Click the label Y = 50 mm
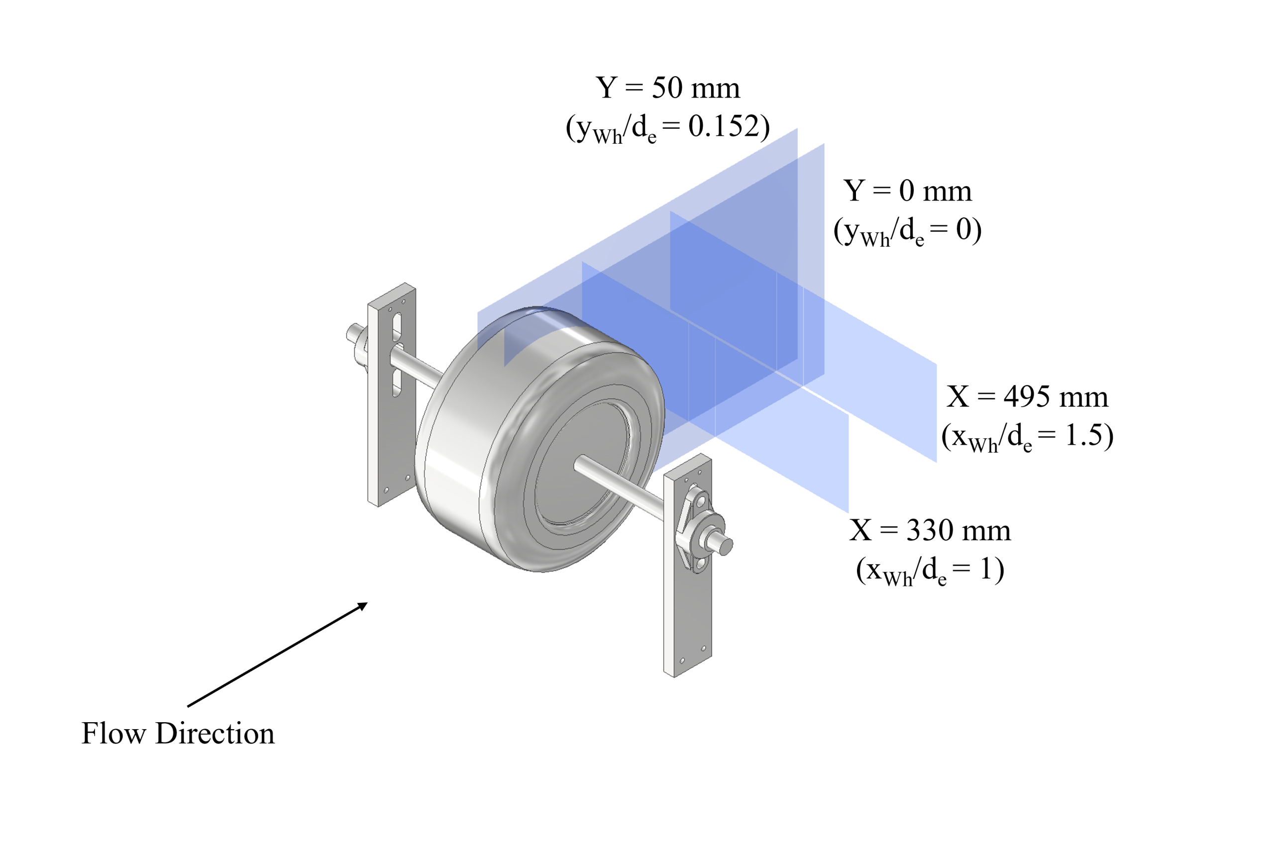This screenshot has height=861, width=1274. coord(667,88)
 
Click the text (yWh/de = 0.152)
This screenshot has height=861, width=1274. coord(667,128)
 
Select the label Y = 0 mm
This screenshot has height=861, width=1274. coord(907,191)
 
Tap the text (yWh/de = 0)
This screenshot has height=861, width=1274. coord(907,231)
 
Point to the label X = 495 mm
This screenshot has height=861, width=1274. coord(1027,397)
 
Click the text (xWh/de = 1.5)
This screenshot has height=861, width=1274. coord(1027,437)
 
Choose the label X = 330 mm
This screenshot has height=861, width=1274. coord(930,531)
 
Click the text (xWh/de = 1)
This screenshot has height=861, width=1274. coord(930,571)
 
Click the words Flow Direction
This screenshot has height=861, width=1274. coord(178,733)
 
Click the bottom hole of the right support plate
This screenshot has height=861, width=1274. coord(682,661)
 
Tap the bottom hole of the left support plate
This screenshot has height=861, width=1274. coord(387,489)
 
